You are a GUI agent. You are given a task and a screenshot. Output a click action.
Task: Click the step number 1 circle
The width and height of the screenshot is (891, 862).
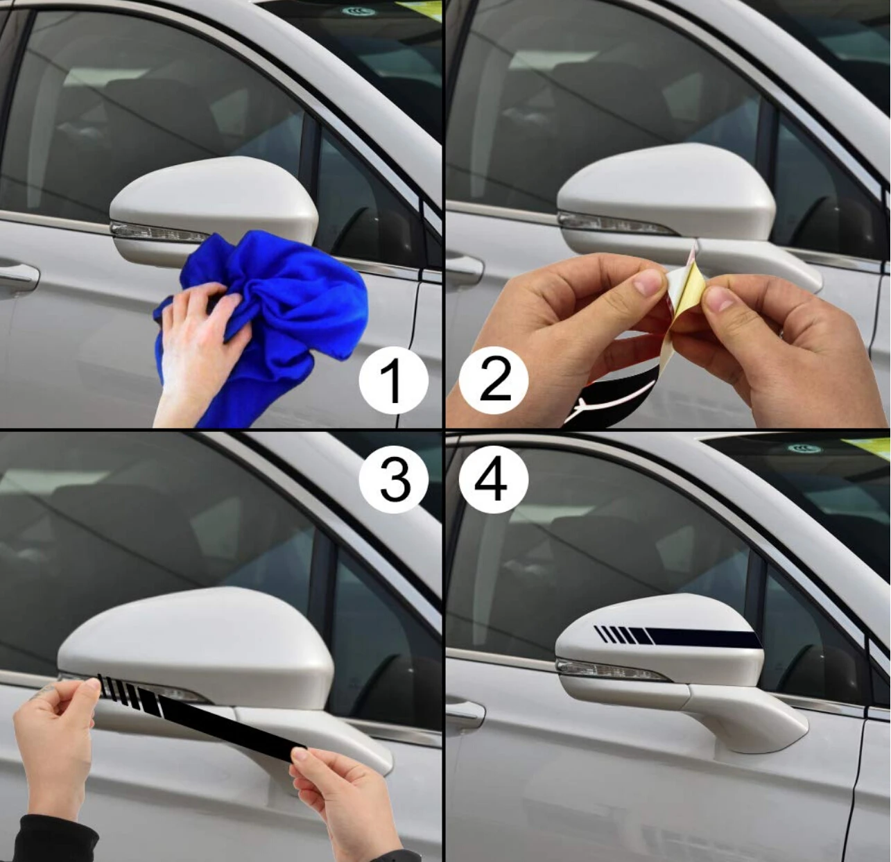tap(392, 380)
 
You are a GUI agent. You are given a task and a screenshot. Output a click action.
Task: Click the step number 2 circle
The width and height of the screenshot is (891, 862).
tap(494, 380)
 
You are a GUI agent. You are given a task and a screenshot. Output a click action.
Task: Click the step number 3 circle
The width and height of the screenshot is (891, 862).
tap(394, 479)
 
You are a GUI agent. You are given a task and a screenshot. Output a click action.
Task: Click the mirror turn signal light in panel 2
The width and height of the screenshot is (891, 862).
tap(610, 224)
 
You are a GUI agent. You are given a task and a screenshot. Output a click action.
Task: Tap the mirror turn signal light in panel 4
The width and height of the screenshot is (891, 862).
tap(610, 670)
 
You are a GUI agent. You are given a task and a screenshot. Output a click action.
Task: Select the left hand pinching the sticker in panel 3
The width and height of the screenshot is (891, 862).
tap(55, 735)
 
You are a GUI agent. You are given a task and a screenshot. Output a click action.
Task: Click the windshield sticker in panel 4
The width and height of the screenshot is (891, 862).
tap(804, 449)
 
